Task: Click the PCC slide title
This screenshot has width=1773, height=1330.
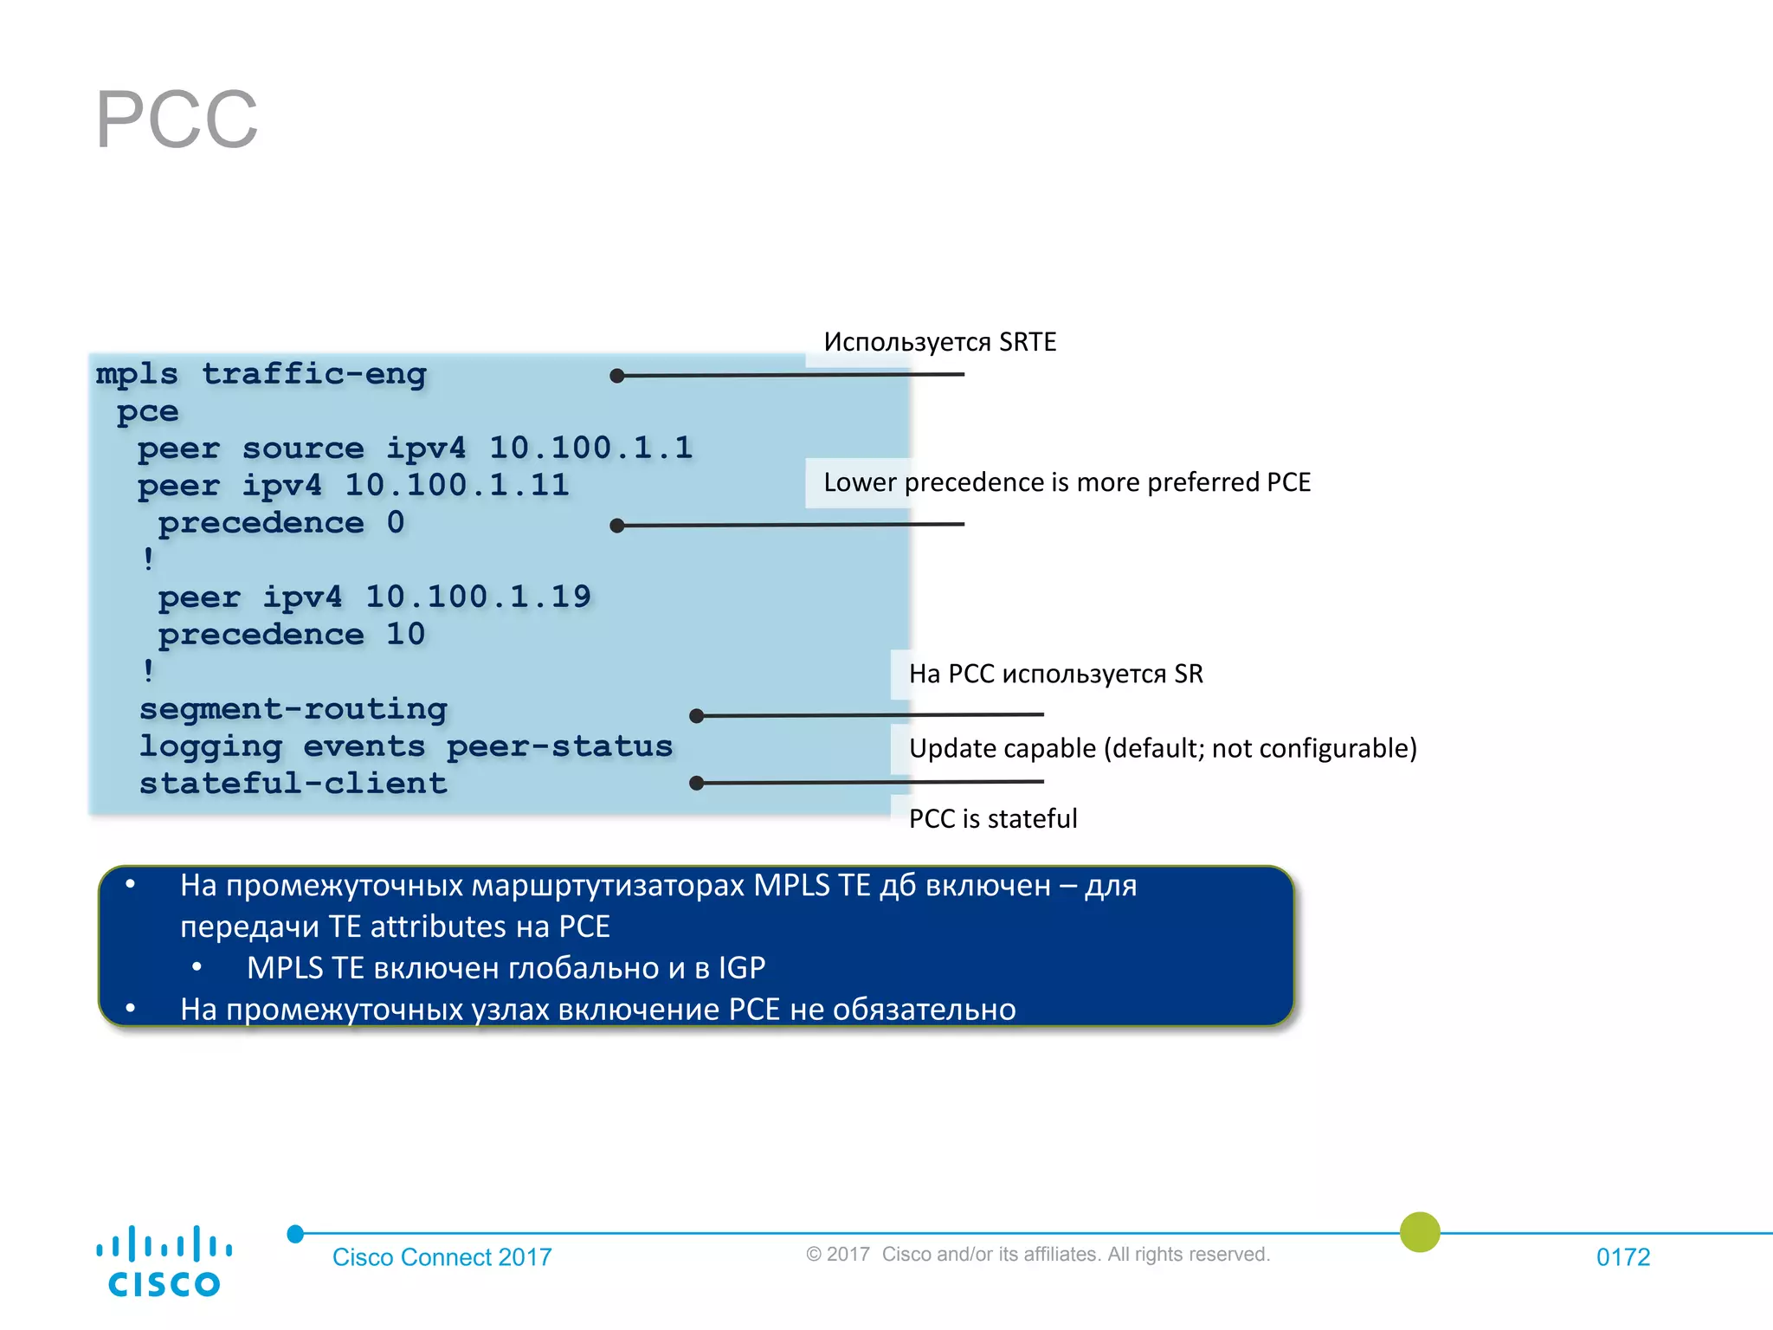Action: pos(177,119)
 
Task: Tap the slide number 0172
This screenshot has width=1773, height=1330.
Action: pos(1622,1256)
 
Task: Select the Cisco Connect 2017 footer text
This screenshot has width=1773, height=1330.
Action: pos(442,1256)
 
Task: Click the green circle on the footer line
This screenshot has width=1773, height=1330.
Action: pos(1420,1231)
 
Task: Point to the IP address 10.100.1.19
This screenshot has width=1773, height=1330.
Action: pos(478,597)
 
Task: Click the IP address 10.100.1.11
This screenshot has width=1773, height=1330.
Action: pos(457,485)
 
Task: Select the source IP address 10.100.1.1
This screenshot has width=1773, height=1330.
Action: pos(591,448)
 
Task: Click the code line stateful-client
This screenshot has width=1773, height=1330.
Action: pos(293,784)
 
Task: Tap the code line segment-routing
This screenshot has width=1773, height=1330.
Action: pos(293,709)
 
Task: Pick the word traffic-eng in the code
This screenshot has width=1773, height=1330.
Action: pos(314,374)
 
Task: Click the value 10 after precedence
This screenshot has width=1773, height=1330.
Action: pos(405,634)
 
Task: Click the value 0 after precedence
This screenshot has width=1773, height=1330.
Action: pos(396,522)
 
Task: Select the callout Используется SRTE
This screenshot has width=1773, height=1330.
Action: pos(939,342)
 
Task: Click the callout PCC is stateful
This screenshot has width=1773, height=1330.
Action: pos(992,818)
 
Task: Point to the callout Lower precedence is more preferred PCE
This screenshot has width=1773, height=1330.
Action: pos(1067,482)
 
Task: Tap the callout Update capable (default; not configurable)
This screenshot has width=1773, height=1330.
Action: pos(1162,748)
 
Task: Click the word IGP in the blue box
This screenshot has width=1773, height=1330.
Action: pos(741,967)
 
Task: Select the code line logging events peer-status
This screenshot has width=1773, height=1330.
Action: pos(406,746)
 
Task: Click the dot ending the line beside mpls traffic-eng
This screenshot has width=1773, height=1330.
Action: pos(617,376)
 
